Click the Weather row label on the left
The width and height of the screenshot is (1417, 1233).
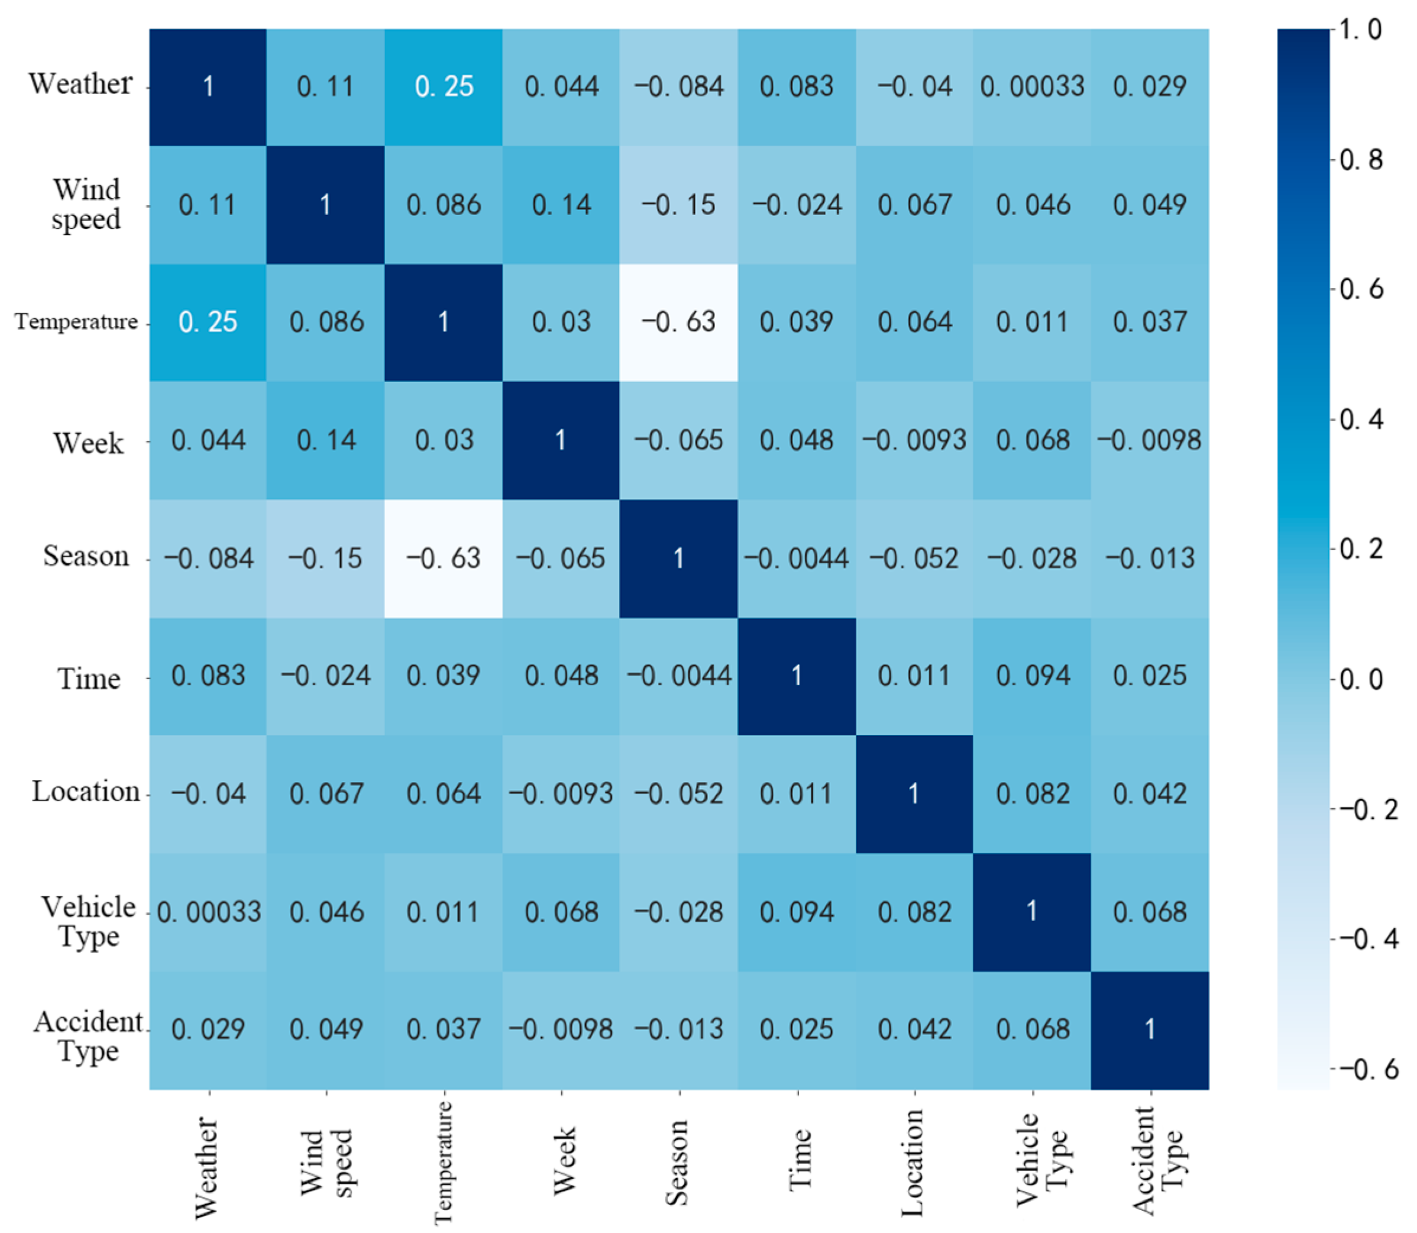80,84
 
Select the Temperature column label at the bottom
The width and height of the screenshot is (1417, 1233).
444,1163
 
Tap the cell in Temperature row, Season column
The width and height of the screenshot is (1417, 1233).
679,322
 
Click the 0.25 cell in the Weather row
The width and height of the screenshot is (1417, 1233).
444,87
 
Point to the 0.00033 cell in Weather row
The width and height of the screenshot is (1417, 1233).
1032,87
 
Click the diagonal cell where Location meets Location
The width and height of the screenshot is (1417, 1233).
914,794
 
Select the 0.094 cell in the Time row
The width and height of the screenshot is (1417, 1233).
1032,676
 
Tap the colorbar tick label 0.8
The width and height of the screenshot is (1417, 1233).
1361,160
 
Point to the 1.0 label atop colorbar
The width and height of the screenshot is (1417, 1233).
1361,30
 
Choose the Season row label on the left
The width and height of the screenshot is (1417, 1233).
86,556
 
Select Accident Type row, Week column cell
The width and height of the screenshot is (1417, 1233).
561,1029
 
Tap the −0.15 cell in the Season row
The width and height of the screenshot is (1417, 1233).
325,558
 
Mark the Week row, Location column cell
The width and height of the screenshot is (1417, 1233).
914,440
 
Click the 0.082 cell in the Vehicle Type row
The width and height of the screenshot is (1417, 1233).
914,912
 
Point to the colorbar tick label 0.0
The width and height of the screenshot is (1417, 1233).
1361,680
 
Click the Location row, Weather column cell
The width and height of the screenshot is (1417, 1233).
208,794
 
